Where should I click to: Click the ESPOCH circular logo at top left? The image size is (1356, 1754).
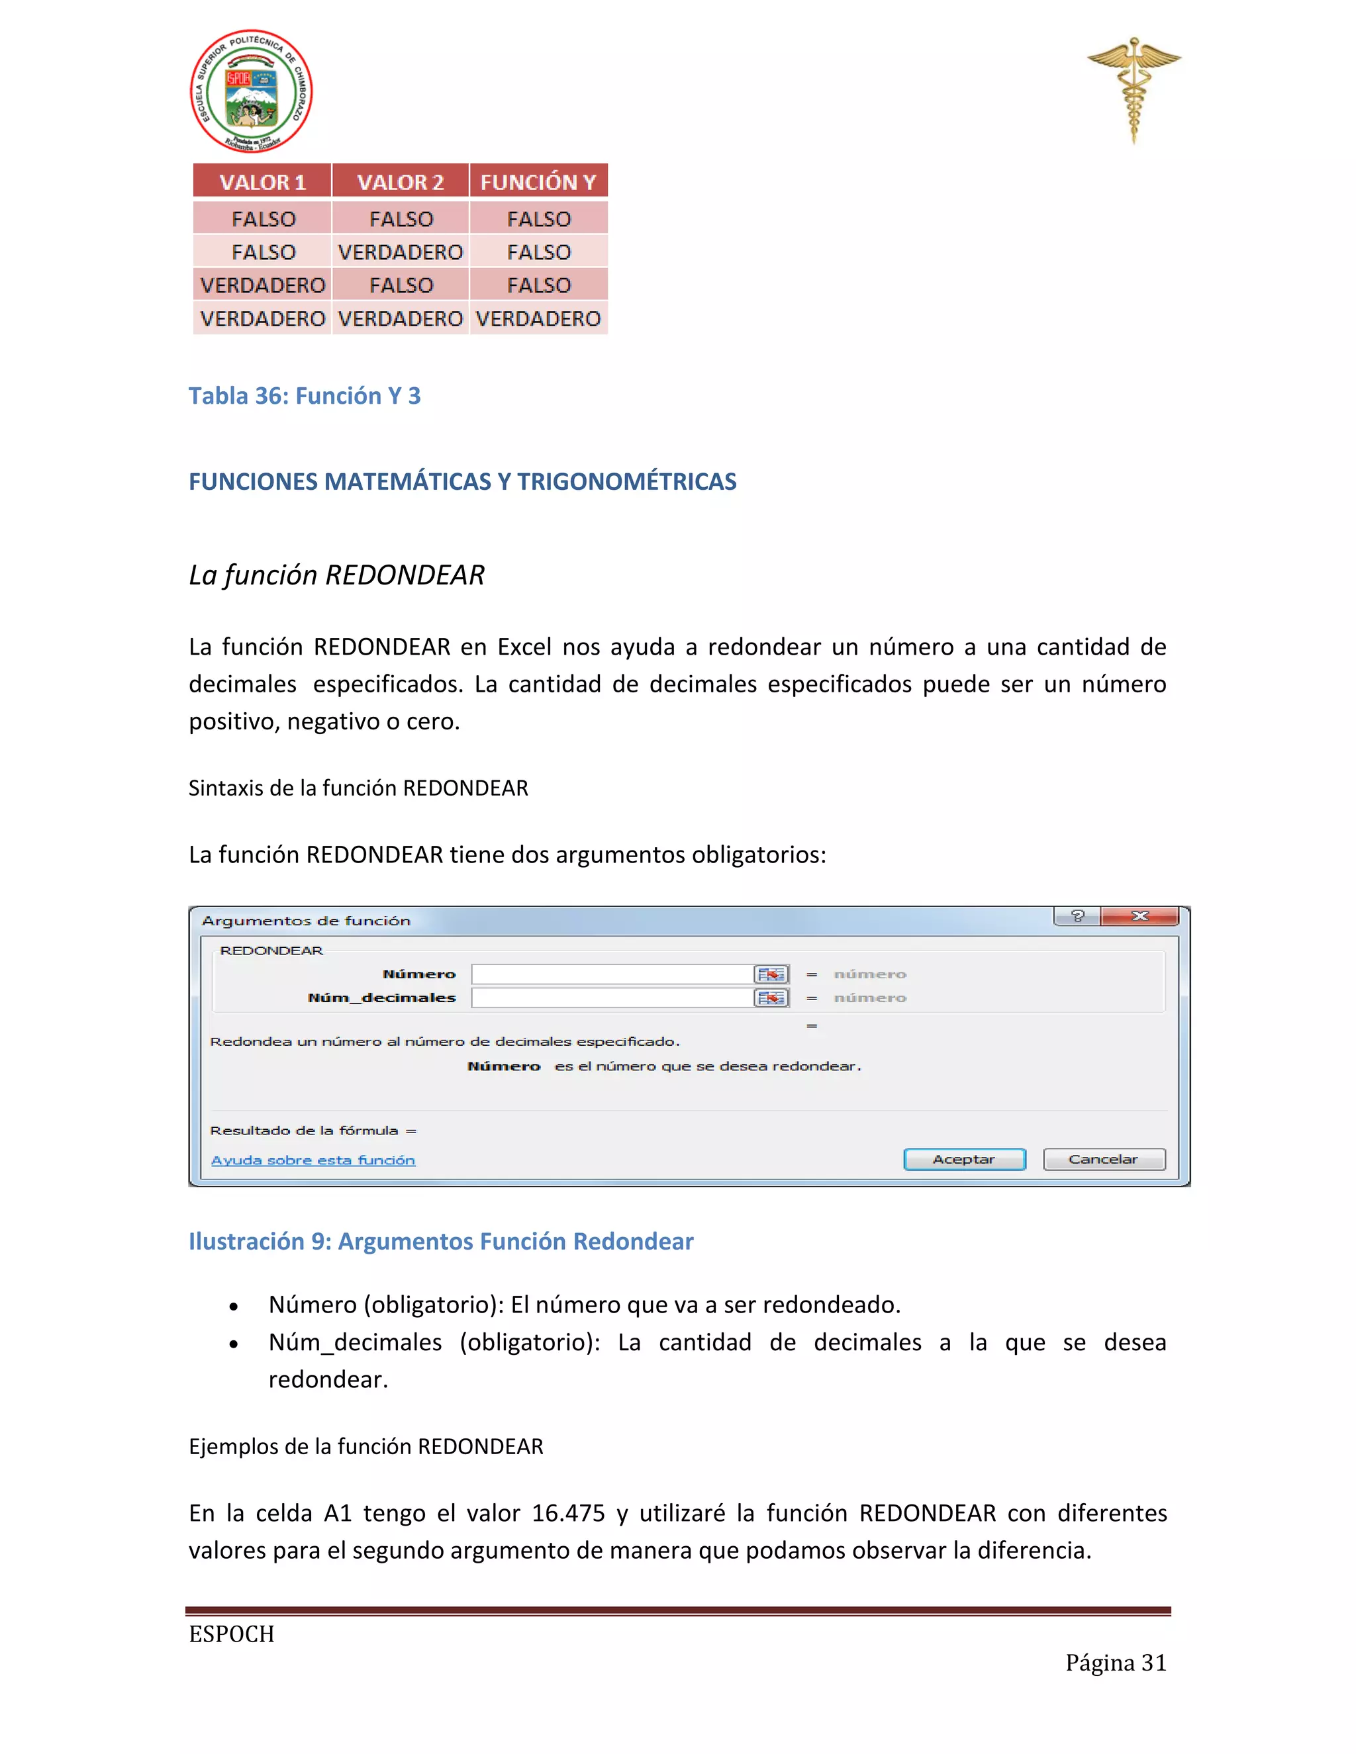point(251,91)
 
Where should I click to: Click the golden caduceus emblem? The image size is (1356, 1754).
point(1134,88)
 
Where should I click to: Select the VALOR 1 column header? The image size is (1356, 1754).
point(263,181)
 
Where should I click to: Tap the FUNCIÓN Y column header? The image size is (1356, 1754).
point(538,181)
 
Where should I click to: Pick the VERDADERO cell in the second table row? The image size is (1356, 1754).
point(400,252)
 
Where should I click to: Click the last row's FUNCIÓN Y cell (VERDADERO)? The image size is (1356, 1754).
point(538,319)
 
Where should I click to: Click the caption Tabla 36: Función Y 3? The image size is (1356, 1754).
point(305,396)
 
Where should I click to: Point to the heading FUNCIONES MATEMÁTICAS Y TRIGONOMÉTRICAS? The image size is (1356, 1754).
point(462,481)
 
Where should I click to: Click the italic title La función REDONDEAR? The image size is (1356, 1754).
point(336,575)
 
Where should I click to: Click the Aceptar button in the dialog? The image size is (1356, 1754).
point(964,1159)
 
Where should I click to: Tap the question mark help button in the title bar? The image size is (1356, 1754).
point(1077,916)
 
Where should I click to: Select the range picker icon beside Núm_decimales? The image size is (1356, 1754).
point(771,997)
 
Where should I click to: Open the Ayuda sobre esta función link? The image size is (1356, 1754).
point(313,1160)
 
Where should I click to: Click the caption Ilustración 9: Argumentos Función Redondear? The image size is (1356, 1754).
point(441,1241)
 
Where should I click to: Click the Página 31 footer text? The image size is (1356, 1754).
point(1115,1663)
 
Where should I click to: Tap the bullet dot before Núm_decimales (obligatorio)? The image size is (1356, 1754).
point(234,1344)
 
